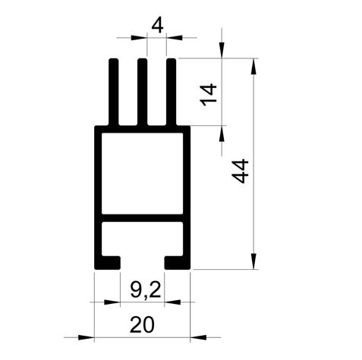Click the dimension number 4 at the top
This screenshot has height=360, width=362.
pos(157,26)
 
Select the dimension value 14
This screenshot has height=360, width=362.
pos(208,95)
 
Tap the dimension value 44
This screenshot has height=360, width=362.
pos(240,171)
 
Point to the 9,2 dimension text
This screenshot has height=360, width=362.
pos(145,290)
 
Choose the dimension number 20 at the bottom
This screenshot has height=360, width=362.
pos(142,325)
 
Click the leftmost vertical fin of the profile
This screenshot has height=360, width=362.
pos(114,92)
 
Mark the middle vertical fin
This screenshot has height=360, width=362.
pos(143,92)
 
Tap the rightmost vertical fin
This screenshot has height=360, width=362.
pos(172,92)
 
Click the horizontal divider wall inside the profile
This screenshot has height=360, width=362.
pos(142,218)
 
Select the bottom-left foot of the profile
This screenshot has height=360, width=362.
pos(107,263)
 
